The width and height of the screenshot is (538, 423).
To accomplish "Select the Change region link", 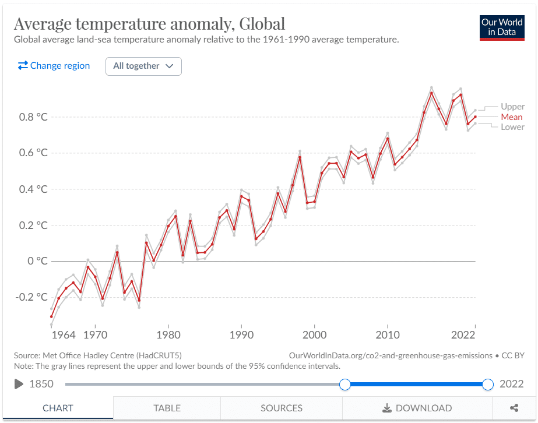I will click(54, 66).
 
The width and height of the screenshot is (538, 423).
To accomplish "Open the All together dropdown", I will click(143, 66).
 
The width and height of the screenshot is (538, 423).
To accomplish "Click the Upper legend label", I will click(512, 107).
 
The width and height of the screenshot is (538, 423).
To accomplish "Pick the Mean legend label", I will click(511, 117).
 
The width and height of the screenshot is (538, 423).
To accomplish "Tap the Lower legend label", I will click(512, 127).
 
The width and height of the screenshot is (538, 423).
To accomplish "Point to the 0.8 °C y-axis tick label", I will click(34, 117).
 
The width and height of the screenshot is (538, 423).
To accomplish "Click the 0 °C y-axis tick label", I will click(38, 261).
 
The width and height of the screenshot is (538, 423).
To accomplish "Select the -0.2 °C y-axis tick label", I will click(32, 297).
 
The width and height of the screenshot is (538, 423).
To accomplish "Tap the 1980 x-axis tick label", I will click(168, 335).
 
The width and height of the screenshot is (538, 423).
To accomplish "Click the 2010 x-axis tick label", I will click(388, 335).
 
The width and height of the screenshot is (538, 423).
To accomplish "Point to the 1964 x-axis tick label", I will click(63, 335).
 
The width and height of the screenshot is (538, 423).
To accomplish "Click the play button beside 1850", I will click(19, 384).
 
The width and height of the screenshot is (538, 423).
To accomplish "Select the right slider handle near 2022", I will click(488, 384).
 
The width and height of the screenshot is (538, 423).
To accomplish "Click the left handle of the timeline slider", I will click(345, 384).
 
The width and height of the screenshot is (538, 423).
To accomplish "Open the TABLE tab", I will click(167, 408).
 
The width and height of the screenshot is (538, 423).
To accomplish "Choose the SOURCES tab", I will click(282, 408).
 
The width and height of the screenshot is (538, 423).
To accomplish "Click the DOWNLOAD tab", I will click(417, 408).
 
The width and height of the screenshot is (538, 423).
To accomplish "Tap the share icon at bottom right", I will click(514, 408).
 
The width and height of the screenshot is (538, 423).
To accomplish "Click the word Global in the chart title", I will click(258, 24).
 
